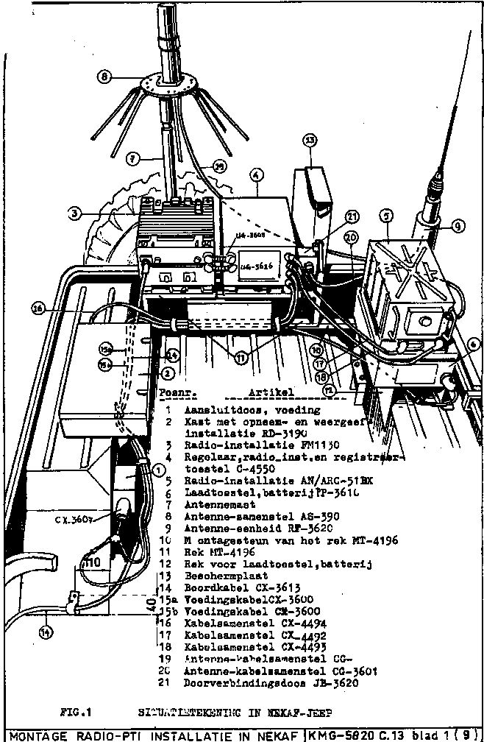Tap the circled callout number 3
[73, 213]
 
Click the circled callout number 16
[38, 309]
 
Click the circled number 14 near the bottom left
[47, 631]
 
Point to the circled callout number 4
[255, 175]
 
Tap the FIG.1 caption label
[76, 712]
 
